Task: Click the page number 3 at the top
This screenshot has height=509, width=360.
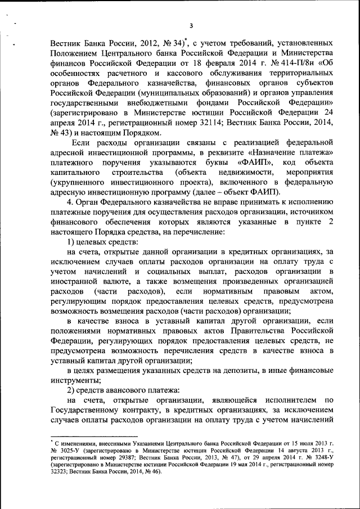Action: click(192, 25)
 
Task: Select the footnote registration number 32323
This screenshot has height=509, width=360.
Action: click(61, 472)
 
